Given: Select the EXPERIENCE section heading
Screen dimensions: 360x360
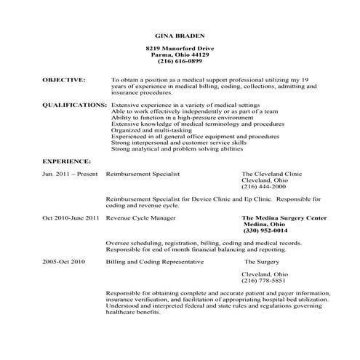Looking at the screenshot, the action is (x=66, y=160).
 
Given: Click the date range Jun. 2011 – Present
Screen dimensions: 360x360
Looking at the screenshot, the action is (x=69, y=175).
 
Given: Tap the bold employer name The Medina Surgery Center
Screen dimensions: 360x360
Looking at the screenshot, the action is (x=284, y=217).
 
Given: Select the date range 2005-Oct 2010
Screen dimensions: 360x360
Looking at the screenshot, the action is (x=64, y=260).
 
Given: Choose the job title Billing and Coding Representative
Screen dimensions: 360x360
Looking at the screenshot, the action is (x=155, y=260).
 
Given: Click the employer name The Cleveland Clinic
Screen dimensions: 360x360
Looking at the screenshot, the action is (x=271, y=175).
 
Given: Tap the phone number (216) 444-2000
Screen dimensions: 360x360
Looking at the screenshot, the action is (x=263, y=187).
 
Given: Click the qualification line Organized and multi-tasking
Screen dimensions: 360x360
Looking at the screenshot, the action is (x=148, y=130).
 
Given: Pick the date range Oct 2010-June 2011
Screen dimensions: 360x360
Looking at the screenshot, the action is (x=71, y=217).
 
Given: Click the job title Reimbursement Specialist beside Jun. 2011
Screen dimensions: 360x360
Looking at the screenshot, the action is (x=143, y=175).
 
